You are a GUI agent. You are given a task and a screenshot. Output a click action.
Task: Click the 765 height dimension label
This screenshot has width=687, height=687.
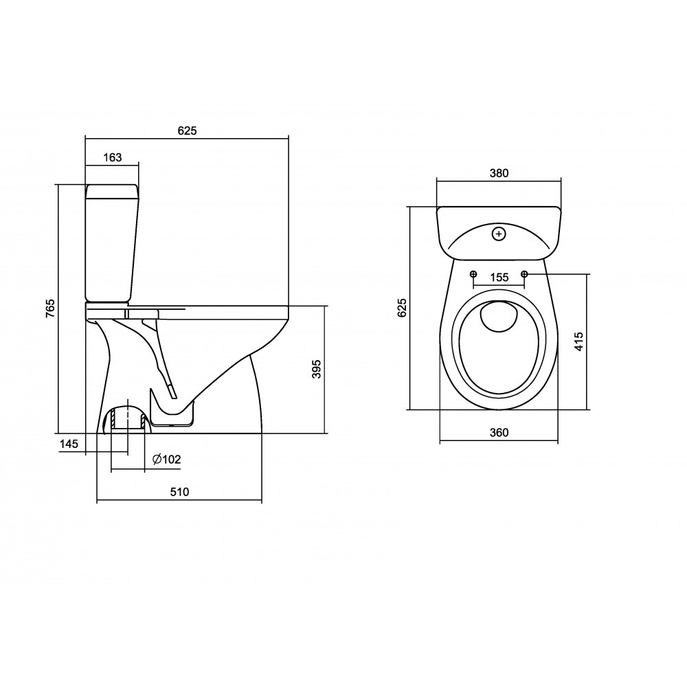tap(50, 308)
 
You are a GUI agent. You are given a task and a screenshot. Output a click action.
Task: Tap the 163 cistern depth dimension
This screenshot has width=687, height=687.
tap(113, 157)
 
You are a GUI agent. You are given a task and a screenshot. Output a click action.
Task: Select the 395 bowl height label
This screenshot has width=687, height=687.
tap(316, 369)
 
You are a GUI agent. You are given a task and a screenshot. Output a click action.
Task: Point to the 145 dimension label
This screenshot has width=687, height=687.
tap(69, 444)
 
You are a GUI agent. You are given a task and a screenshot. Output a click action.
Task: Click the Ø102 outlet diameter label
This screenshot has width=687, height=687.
tap(166, 459)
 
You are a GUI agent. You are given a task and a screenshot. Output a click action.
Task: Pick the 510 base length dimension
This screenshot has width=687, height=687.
tap(179, 492)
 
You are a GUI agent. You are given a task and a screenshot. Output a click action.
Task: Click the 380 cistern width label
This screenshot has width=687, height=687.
tap(499, 173)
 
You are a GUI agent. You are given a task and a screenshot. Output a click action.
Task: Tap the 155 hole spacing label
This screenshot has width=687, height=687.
tap(499, 278)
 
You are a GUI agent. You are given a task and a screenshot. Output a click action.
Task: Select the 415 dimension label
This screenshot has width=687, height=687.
tap(578, 341)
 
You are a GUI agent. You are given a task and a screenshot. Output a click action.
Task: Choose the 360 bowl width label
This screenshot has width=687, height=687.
tap(499, 432)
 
